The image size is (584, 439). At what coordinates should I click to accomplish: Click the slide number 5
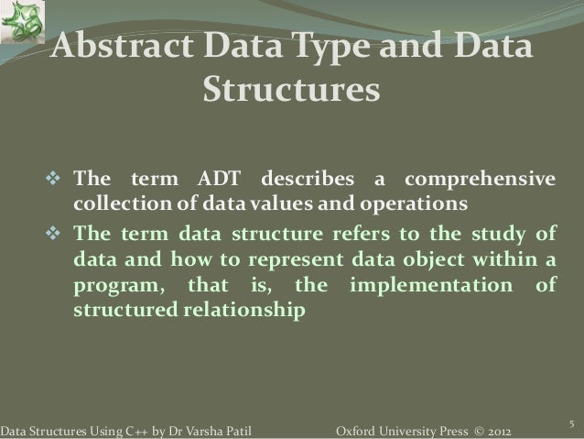570,423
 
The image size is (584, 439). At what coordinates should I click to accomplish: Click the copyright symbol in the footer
465,430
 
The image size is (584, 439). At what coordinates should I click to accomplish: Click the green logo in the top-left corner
20,20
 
